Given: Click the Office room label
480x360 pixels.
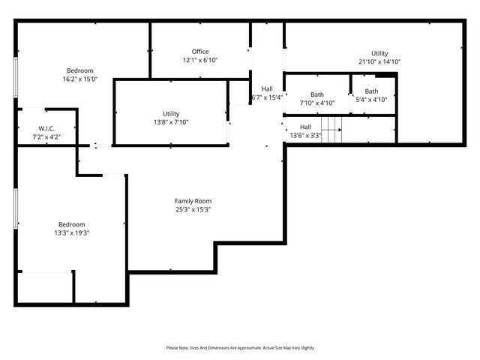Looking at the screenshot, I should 200,52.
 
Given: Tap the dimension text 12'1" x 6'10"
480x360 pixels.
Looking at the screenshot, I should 200,60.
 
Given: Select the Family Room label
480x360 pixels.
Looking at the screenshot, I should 193,201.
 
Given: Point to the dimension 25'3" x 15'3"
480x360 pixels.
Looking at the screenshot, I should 193,209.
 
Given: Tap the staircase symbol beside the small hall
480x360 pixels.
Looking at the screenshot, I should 331,129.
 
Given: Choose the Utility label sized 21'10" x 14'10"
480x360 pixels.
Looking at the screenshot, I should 379,53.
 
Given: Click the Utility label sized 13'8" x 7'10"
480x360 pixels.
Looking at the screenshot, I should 171,113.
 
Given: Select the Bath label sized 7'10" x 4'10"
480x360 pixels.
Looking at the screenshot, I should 317,94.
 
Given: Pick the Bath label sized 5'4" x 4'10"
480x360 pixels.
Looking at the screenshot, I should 371,91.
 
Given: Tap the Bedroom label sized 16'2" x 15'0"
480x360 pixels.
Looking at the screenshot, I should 79,70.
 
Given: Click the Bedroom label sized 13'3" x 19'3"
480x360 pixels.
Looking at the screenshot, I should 73,224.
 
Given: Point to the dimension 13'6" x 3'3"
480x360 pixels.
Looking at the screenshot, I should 305,136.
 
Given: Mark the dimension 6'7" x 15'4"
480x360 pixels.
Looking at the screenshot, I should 266,97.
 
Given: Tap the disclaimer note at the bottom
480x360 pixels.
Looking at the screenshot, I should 240,348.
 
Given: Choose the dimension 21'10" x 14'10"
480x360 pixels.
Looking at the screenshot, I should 379,61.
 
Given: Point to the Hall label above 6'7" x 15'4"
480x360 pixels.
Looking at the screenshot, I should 266,88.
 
